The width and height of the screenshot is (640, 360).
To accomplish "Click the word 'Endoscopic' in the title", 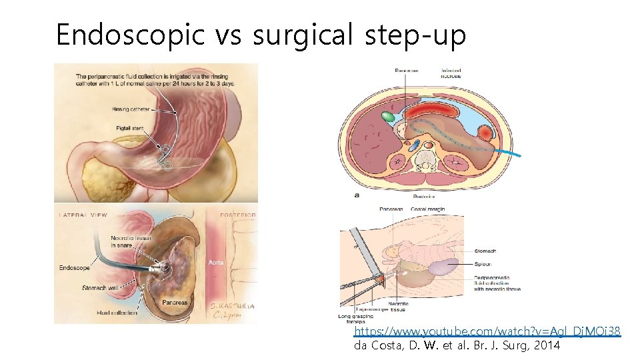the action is pos(131,35).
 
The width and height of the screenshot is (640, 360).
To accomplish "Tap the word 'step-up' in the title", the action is pos(415,35).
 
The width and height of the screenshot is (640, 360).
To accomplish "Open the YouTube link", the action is pos(487,331).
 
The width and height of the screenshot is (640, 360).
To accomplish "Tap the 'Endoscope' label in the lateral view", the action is pos(75,269).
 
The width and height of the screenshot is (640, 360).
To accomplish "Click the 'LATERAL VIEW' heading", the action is pos(82,215).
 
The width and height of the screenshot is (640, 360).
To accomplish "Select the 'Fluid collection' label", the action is pos(116,312).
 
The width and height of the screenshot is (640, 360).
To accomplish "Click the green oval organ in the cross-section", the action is pos(387,117).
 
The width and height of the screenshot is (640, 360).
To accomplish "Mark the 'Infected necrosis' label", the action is pos(451,73).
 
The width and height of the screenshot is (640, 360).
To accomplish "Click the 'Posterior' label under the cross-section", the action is pos(424,197).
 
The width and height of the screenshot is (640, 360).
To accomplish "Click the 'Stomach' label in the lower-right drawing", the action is pos(485,251).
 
